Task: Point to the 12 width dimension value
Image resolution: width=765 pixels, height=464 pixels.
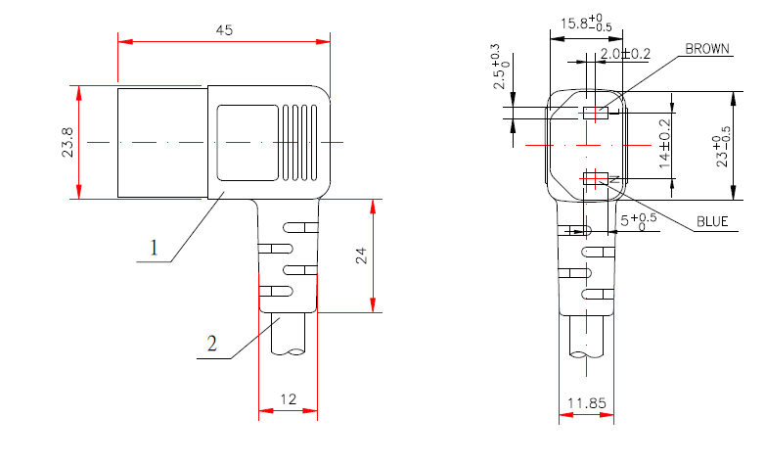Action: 289,399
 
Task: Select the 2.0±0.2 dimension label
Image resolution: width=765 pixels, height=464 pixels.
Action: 625,53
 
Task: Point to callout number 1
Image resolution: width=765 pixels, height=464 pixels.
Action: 154,248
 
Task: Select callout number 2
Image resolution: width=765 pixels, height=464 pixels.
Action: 211,344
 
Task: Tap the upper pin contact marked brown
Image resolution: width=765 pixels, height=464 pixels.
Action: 594,114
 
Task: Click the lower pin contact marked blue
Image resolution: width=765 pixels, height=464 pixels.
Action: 594,178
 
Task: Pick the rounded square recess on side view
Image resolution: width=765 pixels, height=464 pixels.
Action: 246,143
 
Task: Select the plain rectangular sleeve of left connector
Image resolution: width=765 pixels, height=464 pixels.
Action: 162,143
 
